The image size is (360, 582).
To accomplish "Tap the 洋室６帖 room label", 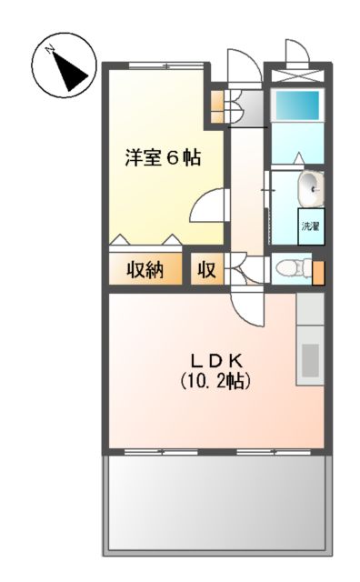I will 163,156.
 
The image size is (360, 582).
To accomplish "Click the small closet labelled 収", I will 206,270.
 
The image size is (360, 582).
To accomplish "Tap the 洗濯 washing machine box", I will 311,226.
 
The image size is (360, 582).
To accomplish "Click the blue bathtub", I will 297,105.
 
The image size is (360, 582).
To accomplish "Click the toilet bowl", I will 286,269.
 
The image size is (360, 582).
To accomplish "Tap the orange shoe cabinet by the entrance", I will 217,102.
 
